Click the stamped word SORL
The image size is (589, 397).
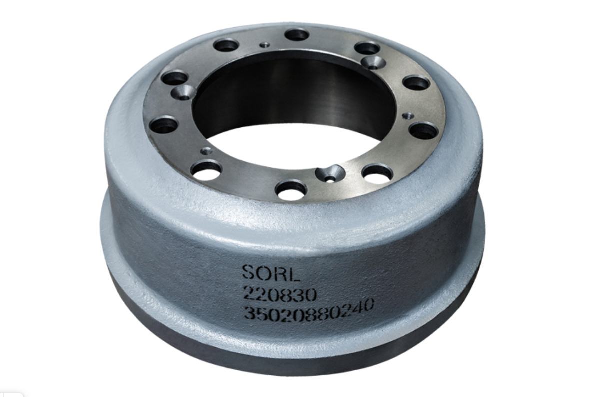click(271, 273)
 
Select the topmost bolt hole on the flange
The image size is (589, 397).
click(297, 35)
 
